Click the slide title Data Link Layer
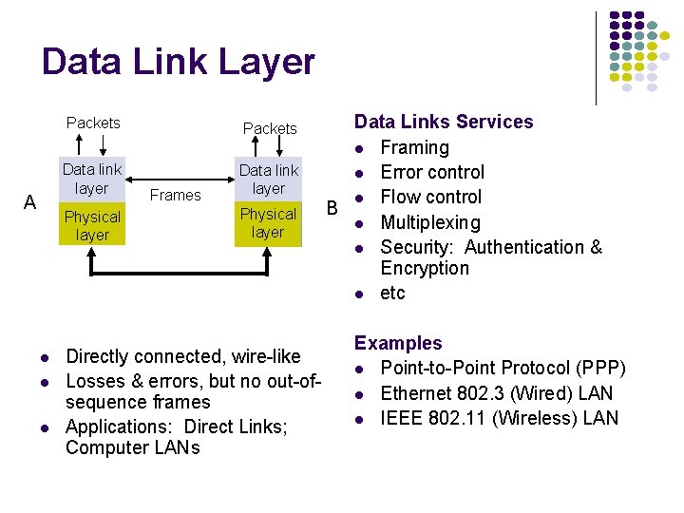(x=178, y=62)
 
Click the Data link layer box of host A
(x=92, y=179)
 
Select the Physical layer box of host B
(x=268, y=223)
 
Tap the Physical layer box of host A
(x=92, y=226)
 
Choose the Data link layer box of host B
(x=268, y=180)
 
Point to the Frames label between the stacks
(x=176, y=195)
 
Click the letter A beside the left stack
(x=29, y=202)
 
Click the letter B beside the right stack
(x=332, y=207)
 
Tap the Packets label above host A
(x=93, y=123)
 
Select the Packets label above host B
(x=270, y=128)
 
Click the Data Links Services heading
(x=444, y=122)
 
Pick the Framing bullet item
(x=414, y=147)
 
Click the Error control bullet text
(x=432, y=172)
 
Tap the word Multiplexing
(x=430, y=222)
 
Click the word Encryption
(x=425, y=268)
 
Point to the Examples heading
(x=398, y=343)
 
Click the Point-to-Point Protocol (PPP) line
(x=503, y=369)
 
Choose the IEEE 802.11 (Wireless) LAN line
(x=499, y=418)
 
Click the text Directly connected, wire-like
(x=182, y=356)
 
